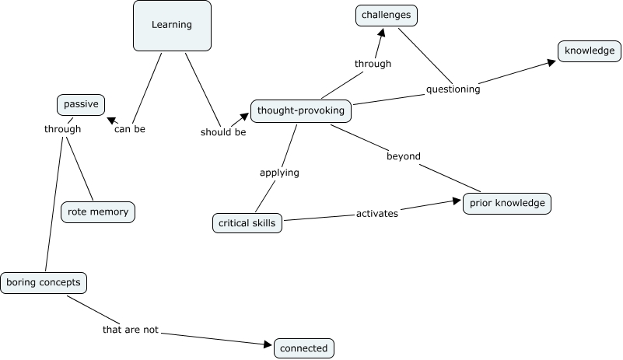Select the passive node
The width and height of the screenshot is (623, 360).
[x=80, y=104]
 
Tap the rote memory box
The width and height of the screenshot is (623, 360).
[x=98, y=211]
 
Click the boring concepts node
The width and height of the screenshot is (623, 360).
[x=43, y=282]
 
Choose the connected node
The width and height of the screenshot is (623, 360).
[x=303, y=348]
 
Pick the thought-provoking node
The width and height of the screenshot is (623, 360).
[x=300, y=111]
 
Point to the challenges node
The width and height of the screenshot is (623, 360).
[x=387, y=15]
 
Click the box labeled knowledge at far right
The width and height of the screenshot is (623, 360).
[x=590, y=51]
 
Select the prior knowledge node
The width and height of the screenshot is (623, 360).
[x=507, y=204]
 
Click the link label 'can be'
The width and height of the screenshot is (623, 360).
[x=130, y=129]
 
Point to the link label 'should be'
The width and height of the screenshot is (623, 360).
[x=223, y=132]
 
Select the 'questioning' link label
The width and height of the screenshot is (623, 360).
[x=453, y=89]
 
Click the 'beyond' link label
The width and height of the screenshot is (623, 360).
[x=403, y=156]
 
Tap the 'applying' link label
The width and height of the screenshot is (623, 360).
[x=279, y=173]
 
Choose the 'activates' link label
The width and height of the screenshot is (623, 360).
[x=377, y=213]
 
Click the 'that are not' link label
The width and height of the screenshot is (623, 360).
[x=131, y=330]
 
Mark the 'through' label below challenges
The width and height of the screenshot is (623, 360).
[x=373, y=64]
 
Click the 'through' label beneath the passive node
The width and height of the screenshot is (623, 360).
[x=62, y=129]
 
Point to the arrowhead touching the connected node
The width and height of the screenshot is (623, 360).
[x=269, y=343]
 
